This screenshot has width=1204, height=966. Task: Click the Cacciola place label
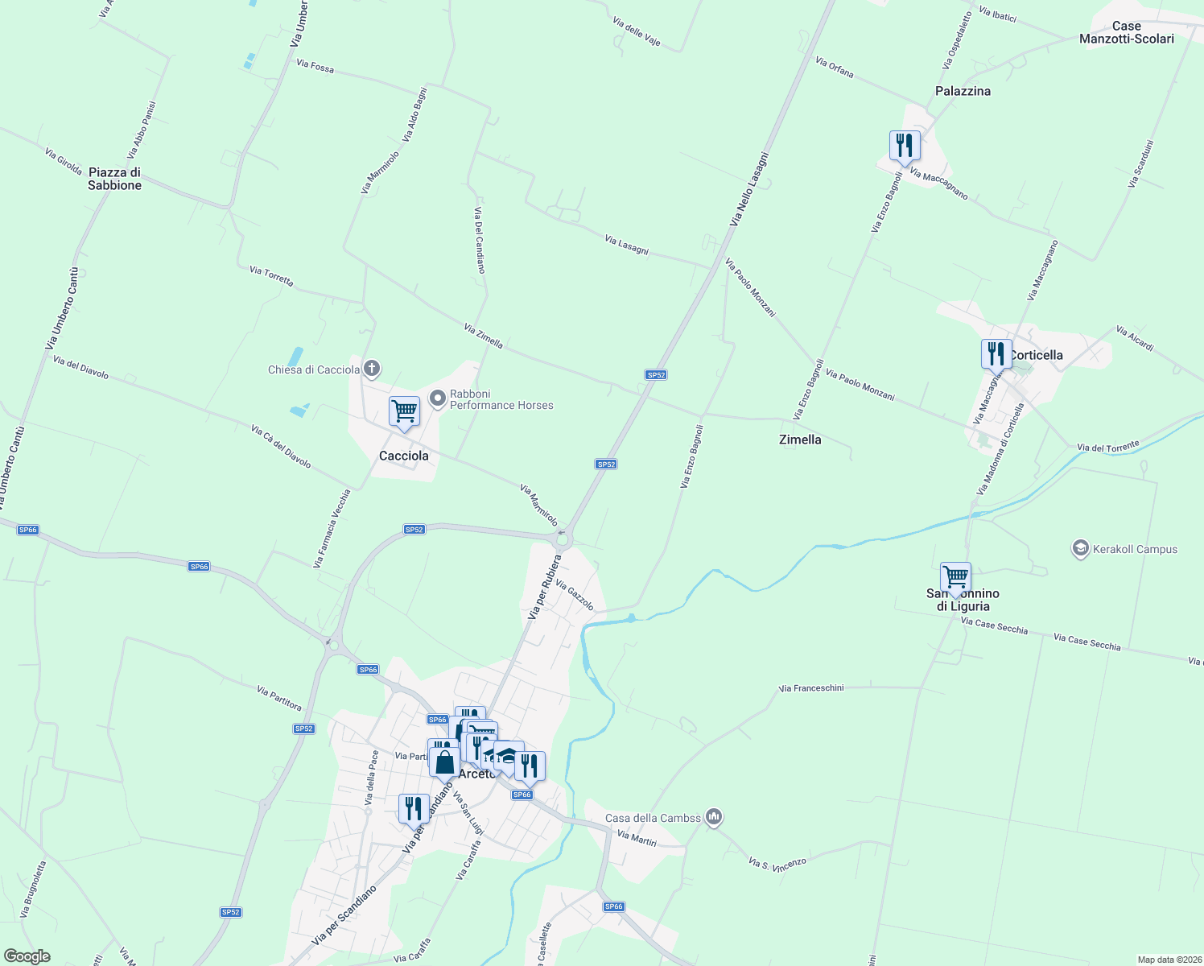(403, 456)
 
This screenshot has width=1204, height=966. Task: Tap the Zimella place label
(800, 440)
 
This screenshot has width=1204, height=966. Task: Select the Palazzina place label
(963, 91)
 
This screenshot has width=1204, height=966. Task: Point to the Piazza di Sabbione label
(114, 179)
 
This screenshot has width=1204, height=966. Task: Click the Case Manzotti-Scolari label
(1126, 32)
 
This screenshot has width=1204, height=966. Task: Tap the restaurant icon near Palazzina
(905, 147)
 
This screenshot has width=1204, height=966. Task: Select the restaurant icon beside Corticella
(996, 354)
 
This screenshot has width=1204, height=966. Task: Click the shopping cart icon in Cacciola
(404, 411)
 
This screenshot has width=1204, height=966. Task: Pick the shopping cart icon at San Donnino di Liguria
(955, 577)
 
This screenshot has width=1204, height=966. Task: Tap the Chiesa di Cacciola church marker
(371, 369)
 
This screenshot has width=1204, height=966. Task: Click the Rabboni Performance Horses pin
(438, 398)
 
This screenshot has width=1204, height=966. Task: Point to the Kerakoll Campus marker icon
(1080, 549)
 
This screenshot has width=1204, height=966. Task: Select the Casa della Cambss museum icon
(713, 817)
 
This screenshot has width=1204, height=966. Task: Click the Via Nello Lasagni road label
(749, 189)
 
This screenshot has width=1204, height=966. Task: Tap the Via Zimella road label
(484, 336)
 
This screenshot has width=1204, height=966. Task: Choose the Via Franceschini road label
(811, 688)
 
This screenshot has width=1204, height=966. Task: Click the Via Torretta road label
(271, 276)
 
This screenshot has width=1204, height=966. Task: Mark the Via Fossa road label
(315, 66)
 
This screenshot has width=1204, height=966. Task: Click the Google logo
(27, 956)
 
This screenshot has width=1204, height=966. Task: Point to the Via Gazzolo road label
(575, 596)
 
